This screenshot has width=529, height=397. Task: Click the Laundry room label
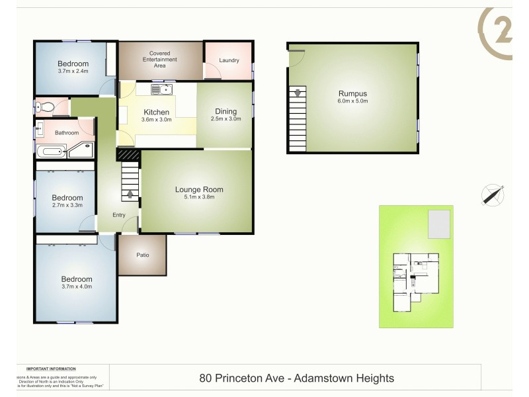[x=229, y=61]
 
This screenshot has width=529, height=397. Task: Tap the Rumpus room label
[x=352, y=93]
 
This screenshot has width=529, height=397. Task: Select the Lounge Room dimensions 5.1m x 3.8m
[x=194, y=197]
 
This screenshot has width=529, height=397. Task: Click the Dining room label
[x=225, y=111]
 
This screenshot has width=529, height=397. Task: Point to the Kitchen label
[x=157, y=112]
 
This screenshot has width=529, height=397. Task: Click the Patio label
[x=142, y=255]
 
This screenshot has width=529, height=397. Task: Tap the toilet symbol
[x=45, y=106]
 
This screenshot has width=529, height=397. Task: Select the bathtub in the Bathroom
[x=50, y=152]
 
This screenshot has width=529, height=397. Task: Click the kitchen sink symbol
[x=161, y=90]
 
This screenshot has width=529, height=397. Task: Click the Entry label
[x=119, y=215]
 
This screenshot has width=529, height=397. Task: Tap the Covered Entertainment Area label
[x=162, y=60]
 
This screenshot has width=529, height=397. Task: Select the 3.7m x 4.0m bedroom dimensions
[x=77, y=287]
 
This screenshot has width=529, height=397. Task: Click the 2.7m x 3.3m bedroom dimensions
[x=67, y=205]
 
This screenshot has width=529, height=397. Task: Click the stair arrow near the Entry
[x=130, y=194]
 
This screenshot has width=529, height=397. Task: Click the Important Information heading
[x=51, y=369]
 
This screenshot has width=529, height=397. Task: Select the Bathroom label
[x=67, y=132]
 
